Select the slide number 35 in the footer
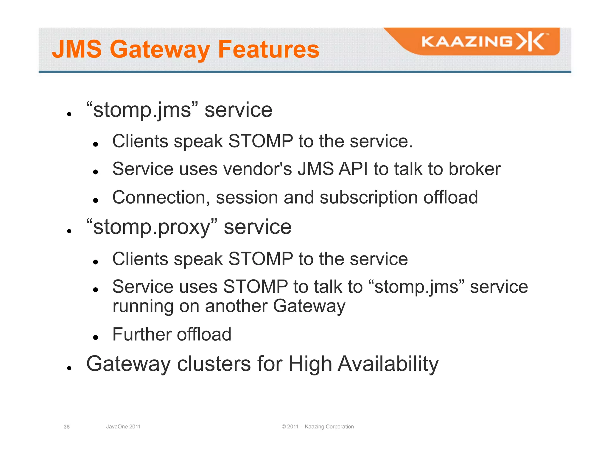(67, 427)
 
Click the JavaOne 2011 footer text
(123, 427)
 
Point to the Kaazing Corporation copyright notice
(318, 427)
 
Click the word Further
(141, 334)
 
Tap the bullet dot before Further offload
(96, 338)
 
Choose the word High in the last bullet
(310, 364)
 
